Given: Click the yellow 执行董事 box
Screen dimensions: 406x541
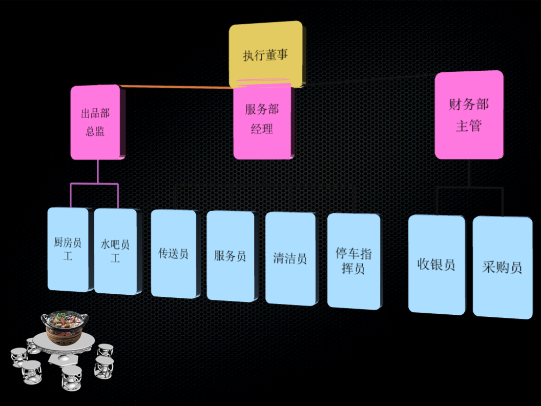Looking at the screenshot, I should (265, 54).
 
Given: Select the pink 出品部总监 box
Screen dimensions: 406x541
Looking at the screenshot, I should (96, 122).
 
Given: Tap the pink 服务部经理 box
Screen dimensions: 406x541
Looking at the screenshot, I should (262, 120).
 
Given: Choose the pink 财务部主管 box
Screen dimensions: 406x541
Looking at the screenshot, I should (468, 115).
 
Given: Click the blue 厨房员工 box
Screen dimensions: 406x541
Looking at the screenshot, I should (68, 249).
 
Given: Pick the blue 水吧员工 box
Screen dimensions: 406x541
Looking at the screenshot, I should (115, 251).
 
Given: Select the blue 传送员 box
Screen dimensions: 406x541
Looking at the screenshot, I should (173, 253).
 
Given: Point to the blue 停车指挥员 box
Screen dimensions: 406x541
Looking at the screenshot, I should (353, 261).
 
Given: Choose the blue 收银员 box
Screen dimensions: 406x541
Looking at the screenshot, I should (436, 264).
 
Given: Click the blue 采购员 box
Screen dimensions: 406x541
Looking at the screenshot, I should (502, 267).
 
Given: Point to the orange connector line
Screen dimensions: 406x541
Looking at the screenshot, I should (174, 87).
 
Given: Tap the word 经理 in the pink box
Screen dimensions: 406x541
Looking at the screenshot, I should (262, 129).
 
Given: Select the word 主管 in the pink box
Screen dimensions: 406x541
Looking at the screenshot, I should (468, 126).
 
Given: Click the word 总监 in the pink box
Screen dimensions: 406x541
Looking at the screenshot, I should (95, 131).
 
